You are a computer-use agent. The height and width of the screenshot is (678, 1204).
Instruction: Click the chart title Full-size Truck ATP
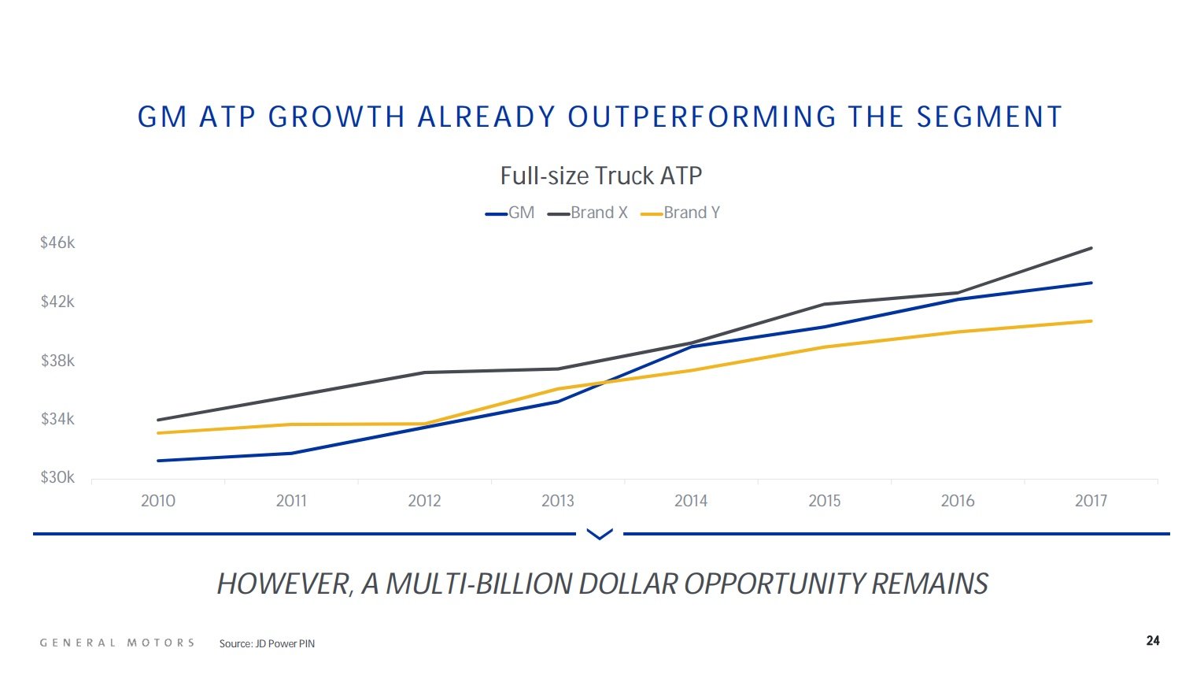pyautogui.click(x=600, y=176)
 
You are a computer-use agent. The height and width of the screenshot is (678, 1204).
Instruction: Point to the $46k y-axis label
pyautogui.click(x=57, y=243)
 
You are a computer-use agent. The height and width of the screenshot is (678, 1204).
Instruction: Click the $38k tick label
pyautogui.click(x=57, y=361)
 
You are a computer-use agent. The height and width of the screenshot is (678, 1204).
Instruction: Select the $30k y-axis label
pyautogui.click(x=57, y=477)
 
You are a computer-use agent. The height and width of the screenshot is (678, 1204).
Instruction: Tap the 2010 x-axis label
pyautogui.click(x=158, y=501)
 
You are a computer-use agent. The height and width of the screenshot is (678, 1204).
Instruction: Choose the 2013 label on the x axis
pyautogui.click(x=558, y=501)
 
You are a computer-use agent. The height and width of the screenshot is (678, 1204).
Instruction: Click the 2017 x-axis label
pyautogui.click(x=1091, y=501)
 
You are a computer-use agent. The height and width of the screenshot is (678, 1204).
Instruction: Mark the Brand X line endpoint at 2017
pyautogui.click(x=1091, y=248)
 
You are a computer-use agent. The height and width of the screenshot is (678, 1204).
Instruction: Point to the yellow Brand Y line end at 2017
pyautogui.click(x=1091, y=320)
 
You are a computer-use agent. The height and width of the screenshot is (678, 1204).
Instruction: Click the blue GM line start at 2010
pyautogui.click(x=159, y=461)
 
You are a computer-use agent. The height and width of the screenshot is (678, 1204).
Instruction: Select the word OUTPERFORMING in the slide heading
pyautogui.click(x=702, y=117)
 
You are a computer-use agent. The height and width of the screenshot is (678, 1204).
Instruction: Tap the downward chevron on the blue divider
pyautogui.click(x=600, y=535)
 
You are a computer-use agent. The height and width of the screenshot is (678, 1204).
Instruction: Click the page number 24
pyautogui.click(x=1153, y=641)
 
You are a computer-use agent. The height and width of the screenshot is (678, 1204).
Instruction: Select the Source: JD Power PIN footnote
pyautogui.click(x=267, y=644)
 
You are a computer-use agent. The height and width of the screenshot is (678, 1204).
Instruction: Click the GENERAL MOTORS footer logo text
pyautogui.click(x=117, y=643)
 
